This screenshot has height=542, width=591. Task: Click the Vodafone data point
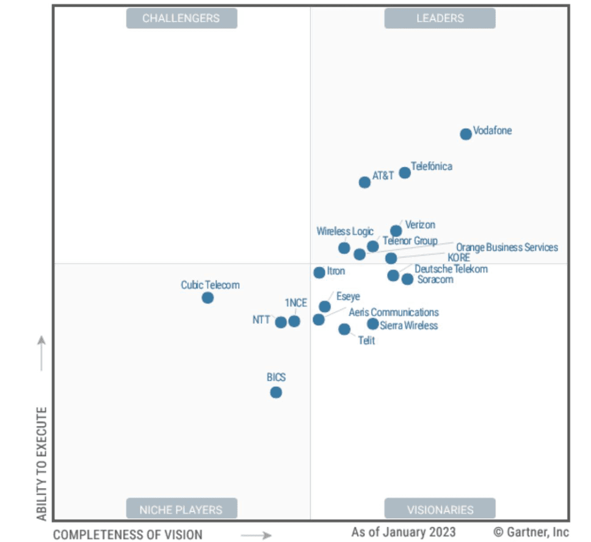tap(466, 134)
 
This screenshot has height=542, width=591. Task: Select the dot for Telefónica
tap(405, 173)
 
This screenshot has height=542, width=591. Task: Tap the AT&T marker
tap(364, 182)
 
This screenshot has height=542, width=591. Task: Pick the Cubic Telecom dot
tap(208, 298)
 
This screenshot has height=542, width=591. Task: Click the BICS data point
tap(276, 392)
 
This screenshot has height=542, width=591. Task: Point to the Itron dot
tap(319, 273)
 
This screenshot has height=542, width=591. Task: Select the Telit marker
tap(344, 330)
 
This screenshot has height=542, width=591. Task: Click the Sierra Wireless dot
tap(372, 324)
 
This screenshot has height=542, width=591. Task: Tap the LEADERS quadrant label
tap(440, 18)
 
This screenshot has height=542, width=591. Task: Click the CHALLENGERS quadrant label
tap(181, 18)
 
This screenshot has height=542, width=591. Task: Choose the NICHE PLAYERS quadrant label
tap(181, 509)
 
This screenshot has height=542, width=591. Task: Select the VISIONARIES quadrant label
tap(440, 509)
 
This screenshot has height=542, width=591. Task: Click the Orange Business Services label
tap(507, 248)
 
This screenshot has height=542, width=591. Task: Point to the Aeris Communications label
tap(393, 313)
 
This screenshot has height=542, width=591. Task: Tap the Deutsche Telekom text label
tap(451, 269)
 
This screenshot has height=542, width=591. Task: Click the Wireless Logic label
tap(344, 232)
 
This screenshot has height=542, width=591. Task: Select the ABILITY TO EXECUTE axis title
tap(42, 464)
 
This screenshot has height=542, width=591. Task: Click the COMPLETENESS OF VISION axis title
tap(128, 535)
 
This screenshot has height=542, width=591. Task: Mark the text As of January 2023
tap(403, 532)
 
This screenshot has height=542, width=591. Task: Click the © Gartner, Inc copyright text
tap(531, 532)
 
